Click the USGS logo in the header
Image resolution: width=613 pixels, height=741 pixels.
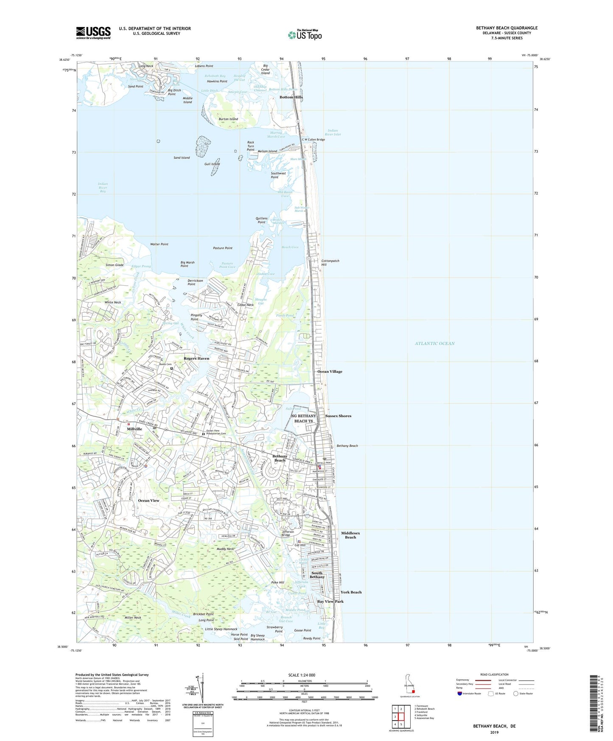tap(93, 33)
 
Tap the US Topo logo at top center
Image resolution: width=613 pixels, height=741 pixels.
tap(305, 35)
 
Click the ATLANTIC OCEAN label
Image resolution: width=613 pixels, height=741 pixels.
tap(434, 343)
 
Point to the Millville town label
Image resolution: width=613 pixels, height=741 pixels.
tap(134, 429)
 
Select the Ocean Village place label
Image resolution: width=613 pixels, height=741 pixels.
tap(330, 371)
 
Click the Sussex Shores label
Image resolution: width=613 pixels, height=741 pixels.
tap(338, 416)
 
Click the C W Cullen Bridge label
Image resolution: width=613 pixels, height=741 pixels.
tap(313, 140)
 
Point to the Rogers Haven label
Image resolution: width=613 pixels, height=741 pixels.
tap(196, 359)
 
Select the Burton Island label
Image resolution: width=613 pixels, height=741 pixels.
tap(228, 119)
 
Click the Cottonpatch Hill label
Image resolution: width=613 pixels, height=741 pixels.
tap(330, 263)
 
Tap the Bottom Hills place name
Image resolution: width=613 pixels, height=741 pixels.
tap(291, 97)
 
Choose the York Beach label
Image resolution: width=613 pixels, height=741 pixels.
tap(351, 592)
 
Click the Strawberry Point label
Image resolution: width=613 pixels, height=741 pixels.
tap(274, 629)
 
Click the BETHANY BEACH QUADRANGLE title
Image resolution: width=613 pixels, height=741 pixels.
tap(507, 28)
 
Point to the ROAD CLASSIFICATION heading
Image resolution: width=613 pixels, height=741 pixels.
tap(494, 674)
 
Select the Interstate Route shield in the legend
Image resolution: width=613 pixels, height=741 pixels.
tap(460, 693)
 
